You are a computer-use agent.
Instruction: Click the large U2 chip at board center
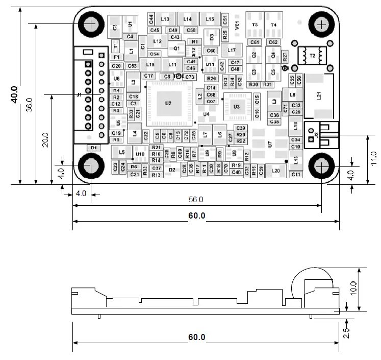tap(168, 104)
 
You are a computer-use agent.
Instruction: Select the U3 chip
tap(236, 107)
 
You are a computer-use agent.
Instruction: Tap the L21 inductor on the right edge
tap(319, 95)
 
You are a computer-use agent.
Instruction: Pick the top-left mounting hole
tap(92, 23)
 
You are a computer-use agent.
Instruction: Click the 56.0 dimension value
tap(196, 199)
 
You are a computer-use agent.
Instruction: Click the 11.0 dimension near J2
tap(374, 159)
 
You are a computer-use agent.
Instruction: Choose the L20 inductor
tap(275, 171)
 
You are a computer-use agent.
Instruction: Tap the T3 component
tap(255, 25)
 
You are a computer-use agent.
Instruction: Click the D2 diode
tap(172, 170)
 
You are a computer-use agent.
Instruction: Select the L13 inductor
tap(165, 19)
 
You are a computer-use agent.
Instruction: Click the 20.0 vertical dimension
tap(45, 139)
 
